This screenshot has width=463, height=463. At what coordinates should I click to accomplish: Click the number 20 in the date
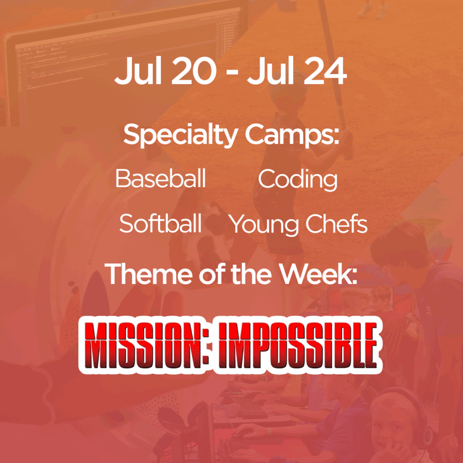194,71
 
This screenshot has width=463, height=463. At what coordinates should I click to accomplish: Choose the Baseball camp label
161,178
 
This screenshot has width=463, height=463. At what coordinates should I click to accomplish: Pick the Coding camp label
298,180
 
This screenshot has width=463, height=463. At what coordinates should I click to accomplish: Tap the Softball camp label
161,223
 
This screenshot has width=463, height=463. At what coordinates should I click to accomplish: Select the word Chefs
336,223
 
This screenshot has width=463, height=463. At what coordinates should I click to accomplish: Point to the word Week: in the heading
318,274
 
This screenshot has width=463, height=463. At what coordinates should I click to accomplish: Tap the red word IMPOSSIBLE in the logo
298,345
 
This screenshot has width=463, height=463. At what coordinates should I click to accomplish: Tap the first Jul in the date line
138,71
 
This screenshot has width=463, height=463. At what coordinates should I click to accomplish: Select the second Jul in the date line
271,71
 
